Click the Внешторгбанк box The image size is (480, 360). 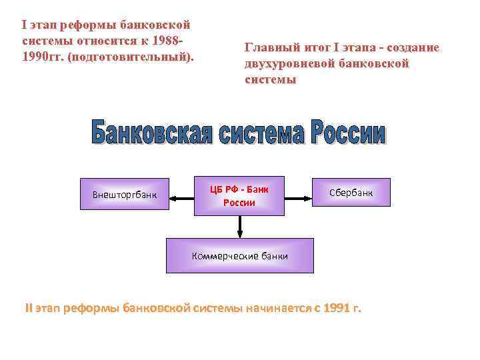click(124, 196)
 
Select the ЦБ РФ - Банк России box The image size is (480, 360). click(239, 196)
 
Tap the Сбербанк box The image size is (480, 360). click(351, 193)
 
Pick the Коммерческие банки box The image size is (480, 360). click(239, 255)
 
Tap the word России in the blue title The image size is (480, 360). click(347, 133)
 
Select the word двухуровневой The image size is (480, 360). click(283, 63)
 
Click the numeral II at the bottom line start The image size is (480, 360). click(29, 309)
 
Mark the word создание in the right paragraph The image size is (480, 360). click(411, 47)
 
